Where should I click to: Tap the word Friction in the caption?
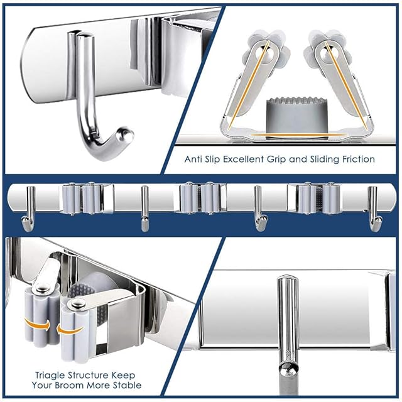359,159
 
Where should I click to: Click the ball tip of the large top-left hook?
125,134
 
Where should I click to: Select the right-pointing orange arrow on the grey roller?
37,325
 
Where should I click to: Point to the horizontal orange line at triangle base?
298,134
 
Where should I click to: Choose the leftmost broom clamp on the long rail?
87,198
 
